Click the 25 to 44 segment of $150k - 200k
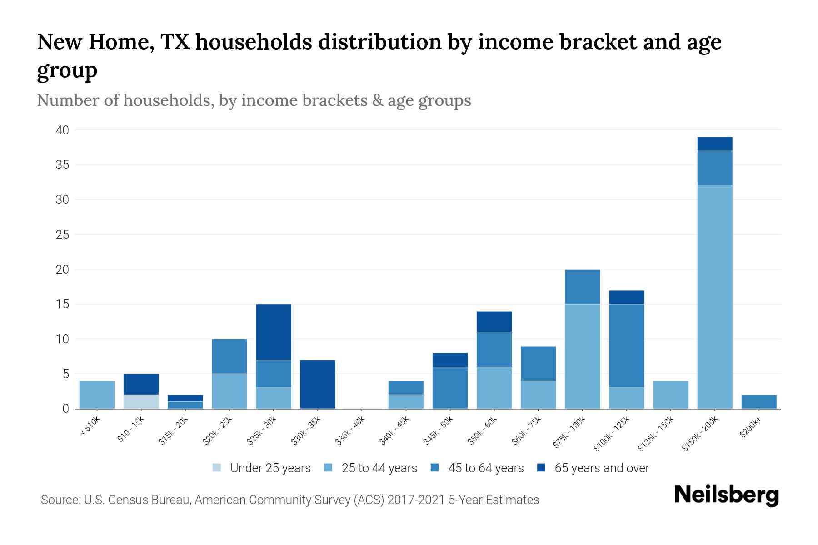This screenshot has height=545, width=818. pos(714,297)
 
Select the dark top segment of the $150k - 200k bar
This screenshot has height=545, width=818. pos(714,144)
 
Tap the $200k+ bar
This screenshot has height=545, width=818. pos(758,402)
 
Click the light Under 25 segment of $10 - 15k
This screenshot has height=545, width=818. pos(141,402)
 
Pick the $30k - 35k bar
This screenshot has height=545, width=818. pos(318,384)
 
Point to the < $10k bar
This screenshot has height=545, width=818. pos(97,395)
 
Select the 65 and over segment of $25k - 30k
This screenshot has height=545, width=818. pos(274,332)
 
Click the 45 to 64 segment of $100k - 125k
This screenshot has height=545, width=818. pos(626,346)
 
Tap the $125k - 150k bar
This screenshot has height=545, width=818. pos(670,395)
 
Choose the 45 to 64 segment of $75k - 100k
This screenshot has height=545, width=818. pos(582,287)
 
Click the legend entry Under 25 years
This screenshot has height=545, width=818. pos(270,468)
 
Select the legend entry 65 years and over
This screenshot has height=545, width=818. pos(601,468)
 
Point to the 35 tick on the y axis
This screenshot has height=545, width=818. pos(62,165)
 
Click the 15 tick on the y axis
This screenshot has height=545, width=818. pos(62,304)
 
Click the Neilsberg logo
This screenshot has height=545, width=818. pos(726,495)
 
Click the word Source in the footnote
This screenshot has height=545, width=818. pos(59,500)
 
